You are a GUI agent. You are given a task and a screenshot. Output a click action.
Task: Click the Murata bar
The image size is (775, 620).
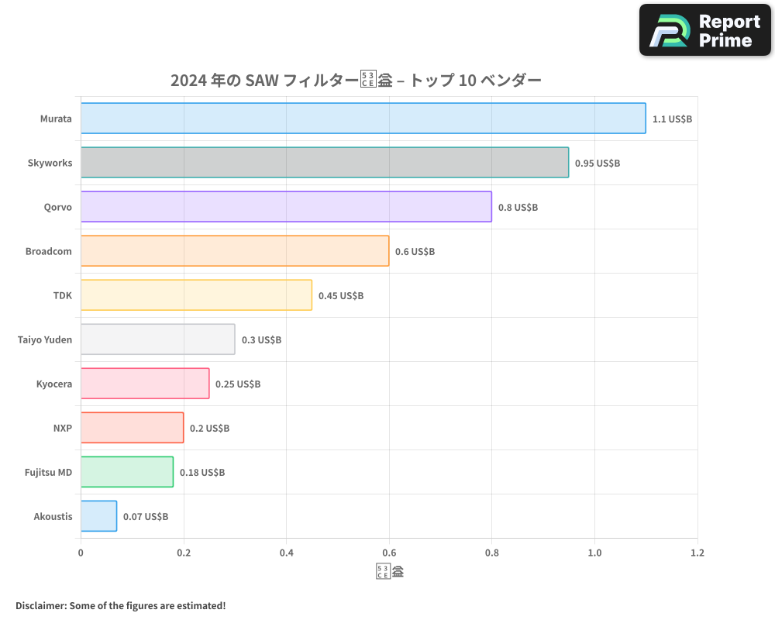pos(363,119)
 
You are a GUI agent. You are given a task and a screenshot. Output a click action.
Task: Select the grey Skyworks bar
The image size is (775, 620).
pos(324,163)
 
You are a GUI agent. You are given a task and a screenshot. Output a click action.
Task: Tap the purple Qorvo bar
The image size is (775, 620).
pos(286,207)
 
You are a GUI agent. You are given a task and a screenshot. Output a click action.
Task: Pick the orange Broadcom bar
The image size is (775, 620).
pos(235,251)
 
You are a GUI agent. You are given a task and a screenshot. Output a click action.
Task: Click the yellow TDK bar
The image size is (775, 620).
pos(196,295)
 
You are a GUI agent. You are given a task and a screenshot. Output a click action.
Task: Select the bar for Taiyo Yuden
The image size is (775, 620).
pos(157,339)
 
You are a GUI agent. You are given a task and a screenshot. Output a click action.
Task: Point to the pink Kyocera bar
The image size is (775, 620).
pos(145,384)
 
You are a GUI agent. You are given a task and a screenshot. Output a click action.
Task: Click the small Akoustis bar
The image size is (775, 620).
pos(98,516)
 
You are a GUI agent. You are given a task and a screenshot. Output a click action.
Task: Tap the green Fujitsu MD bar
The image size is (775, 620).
pos(127,472)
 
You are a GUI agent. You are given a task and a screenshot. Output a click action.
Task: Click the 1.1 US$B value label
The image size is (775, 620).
pos(672,119)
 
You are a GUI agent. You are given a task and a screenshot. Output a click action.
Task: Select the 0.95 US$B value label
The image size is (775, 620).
pos(597,164)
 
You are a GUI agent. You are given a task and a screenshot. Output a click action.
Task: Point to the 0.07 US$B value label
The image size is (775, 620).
pos(145,517)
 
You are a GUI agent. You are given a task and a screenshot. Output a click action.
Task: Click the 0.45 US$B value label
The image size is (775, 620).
pos(340,296)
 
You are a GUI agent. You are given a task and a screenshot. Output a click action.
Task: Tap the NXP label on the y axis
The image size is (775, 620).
pos(63,428)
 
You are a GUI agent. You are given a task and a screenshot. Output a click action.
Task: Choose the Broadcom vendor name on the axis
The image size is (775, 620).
pos(48,251)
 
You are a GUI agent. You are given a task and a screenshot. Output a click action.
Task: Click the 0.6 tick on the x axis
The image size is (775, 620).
pos(389,553)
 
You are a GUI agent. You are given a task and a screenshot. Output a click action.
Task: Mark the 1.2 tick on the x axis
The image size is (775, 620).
pos(697,553)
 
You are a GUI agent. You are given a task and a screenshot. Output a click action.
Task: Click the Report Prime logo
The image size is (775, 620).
pos(704,30)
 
